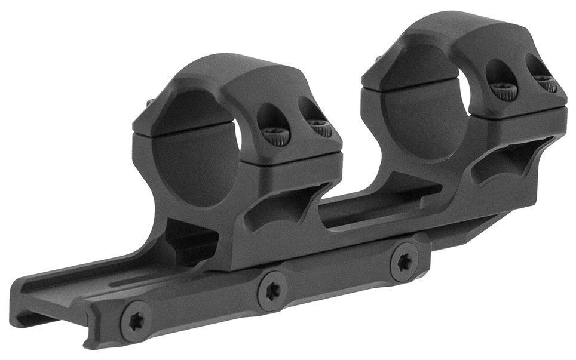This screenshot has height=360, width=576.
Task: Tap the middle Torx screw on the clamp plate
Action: point(272,290)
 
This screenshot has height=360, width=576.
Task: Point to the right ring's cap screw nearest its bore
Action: point(504,89)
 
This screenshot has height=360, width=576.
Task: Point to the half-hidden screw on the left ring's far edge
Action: point(151,103)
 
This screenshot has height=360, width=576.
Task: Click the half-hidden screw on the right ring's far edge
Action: point(379,59)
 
